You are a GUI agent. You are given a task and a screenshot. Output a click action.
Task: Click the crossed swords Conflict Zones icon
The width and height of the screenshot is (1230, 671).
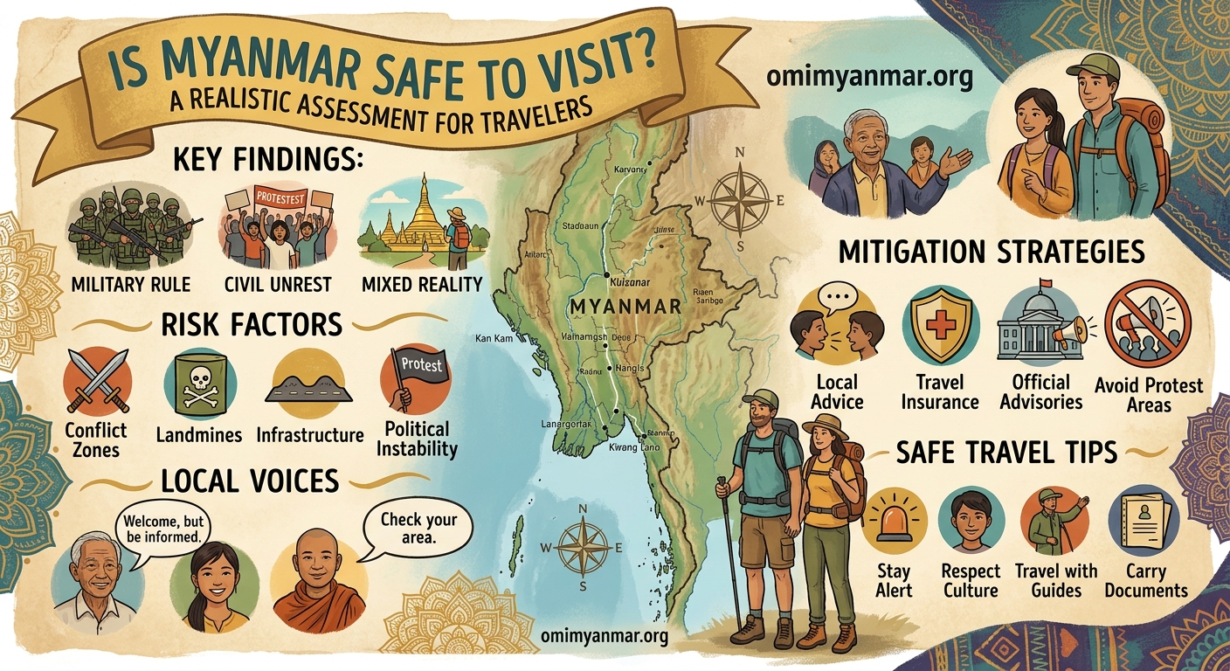coord(97,381)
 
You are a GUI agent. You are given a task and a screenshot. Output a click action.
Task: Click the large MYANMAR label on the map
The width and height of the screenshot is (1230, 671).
coord(624,308)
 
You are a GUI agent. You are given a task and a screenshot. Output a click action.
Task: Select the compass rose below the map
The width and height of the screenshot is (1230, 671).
coord(583,546)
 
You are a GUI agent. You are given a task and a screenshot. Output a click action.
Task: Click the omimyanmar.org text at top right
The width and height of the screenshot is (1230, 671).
coord(868,76)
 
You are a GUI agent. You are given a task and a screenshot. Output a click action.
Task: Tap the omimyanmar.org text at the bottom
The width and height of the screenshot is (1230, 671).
coord(604,635)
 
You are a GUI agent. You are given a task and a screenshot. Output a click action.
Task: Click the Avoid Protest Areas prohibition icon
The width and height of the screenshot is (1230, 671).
coord(1147,324)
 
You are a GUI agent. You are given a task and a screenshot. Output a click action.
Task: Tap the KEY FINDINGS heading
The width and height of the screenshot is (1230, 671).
coord(267,162)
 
